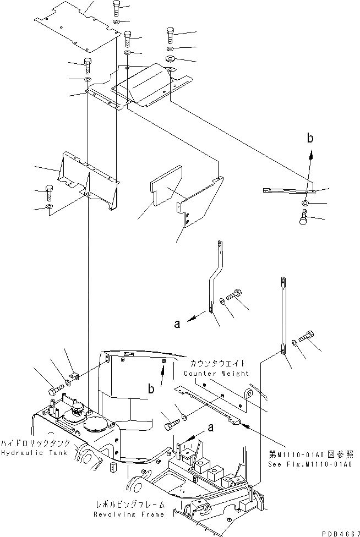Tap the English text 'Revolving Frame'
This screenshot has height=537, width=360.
pyautogui.click(x=129, y=514)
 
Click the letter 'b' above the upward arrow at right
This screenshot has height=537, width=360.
pyautogui.click(x=310, y=139)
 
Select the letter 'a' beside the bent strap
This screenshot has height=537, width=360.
pyautogui.click(x=177, y=324)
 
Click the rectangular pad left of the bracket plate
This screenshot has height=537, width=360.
pyautogui.click(x=165, y=186)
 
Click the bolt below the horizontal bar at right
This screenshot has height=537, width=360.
pyautogui.click(x=304, y=219)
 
